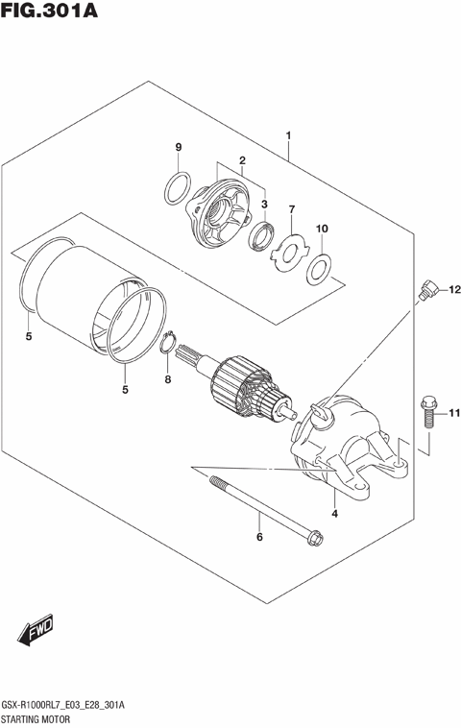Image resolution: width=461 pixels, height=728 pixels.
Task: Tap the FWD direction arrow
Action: click(x=36, y=631)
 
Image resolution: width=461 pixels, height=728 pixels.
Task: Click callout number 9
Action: click(x=178, y=146)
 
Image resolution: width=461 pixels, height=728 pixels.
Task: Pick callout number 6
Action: click(x=258, y=537)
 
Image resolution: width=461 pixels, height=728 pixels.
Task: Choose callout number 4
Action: click(x=334, y=514)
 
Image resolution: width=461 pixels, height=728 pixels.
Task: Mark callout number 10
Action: click(x=323, y=229)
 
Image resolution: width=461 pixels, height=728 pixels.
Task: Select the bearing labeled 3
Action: click(x=259, y=236)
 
